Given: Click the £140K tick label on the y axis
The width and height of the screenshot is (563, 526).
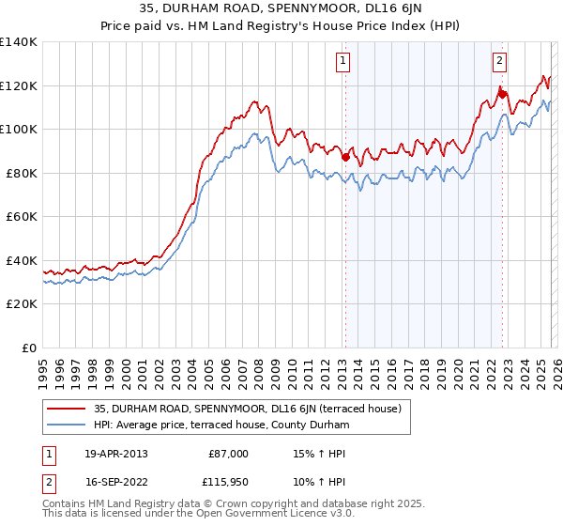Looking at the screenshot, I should pyautogui.click(x=19, y=42).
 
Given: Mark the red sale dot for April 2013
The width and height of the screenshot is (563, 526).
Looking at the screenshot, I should pyautogui.click(x=345, y=158).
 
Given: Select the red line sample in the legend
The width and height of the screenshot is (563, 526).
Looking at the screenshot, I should pyautogui.click(x=66, y=409).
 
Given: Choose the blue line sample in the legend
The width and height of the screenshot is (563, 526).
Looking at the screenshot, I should pyautogui.click(x=66, y=425).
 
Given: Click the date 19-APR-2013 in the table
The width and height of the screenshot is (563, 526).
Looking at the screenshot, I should pyautogui.click(x=115, y=454).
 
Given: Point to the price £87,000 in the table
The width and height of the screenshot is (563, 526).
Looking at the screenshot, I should pyautogui.click(x=228, y=454).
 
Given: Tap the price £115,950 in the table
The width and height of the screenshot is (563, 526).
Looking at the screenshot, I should pyautogui.click(x=225, y=482).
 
